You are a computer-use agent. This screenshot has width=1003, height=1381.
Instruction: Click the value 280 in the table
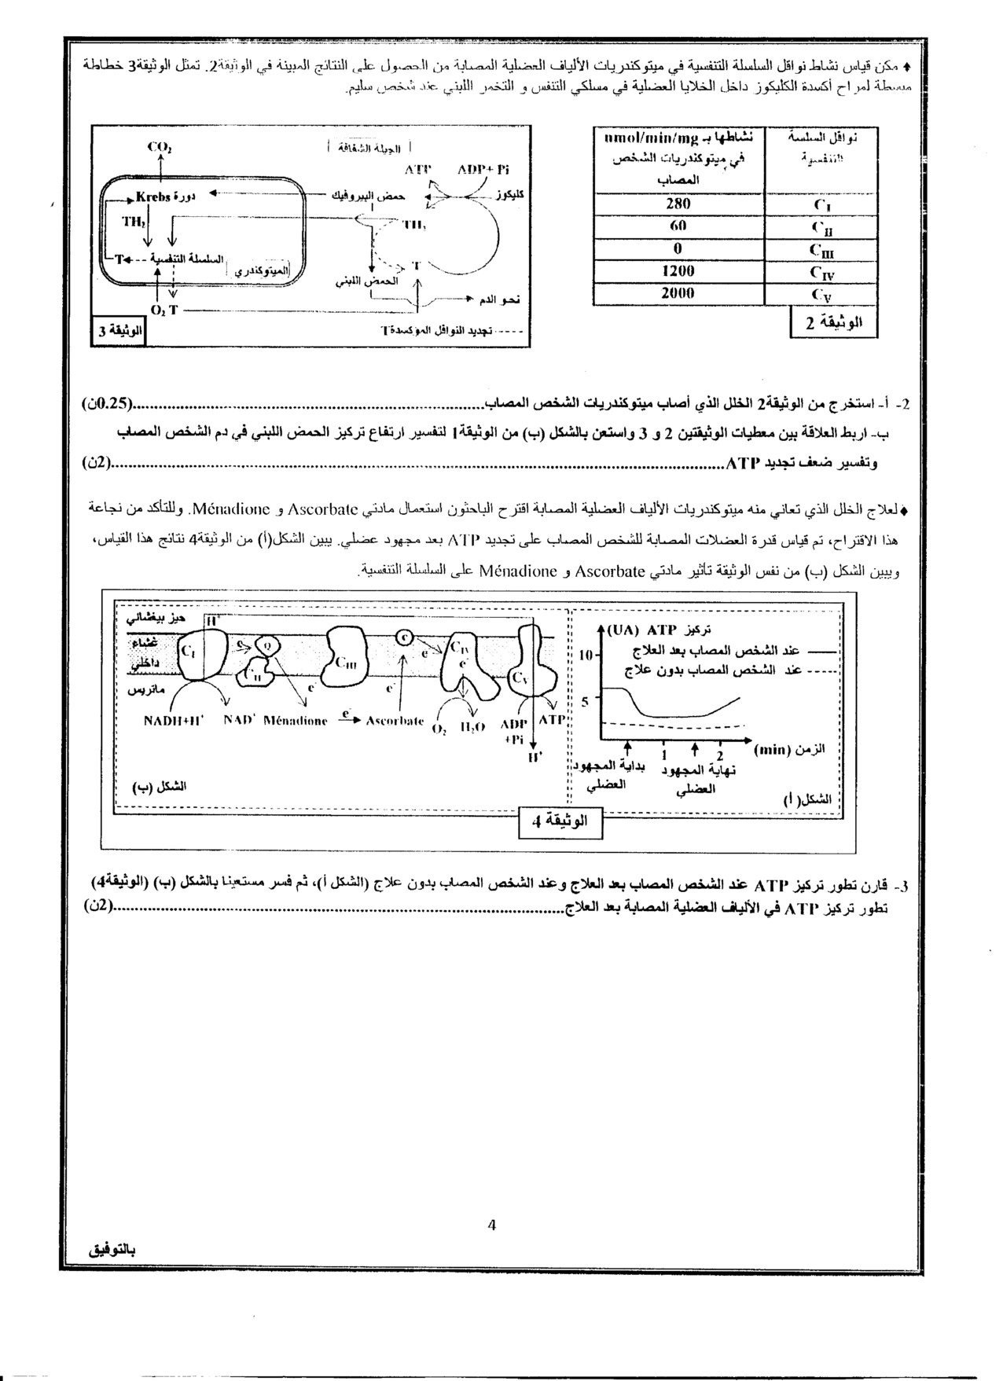point(678,204)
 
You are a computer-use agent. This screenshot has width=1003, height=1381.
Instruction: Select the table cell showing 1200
point(678,271)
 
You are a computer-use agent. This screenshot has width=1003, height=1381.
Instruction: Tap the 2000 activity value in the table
point(678,293)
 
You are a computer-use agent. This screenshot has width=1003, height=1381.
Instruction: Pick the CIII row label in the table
point(821,250)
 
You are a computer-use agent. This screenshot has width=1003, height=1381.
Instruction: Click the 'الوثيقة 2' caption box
point(833,321)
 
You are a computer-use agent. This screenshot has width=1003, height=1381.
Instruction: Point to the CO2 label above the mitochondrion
point(160,147)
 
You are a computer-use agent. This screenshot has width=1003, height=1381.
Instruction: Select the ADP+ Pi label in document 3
point(483,169)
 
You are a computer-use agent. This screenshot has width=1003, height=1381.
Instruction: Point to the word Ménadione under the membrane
point(296,719)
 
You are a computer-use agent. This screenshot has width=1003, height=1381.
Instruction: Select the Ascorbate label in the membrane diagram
point(395,719)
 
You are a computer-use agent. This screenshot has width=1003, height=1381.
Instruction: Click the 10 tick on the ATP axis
point(586,655)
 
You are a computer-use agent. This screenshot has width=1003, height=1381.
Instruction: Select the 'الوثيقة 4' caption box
point(559,822)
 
